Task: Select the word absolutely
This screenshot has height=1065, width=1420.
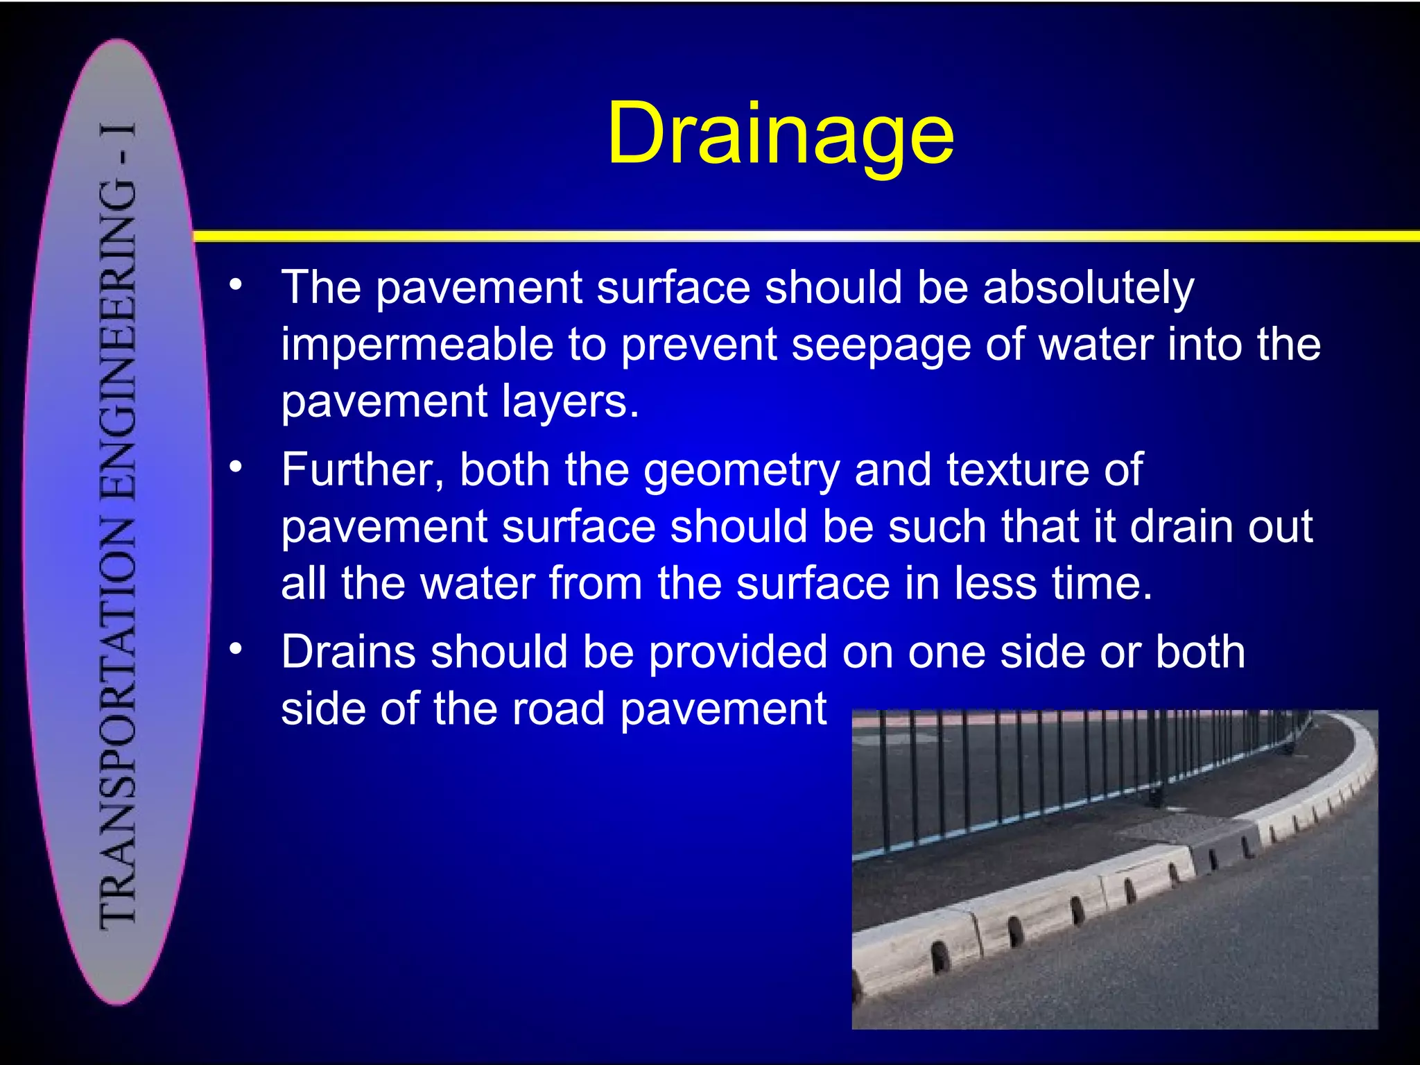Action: [x=1089, y=288]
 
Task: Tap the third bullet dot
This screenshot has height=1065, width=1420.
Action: [x=236, y=648]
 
